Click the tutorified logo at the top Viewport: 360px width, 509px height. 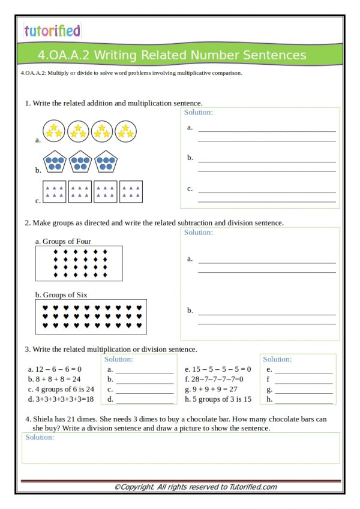[52, 31]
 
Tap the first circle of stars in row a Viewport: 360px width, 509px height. [53, 131]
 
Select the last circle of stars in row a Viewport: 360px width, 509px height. [125, 131]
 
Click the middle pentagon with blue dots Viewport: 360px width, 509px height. [80, 161]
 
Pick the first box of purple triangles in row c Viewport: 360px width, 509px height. [55, 191]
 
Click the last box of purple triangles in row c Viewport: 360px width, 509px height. [131, 191]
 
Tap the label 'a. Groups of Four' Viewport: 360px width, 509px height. [63, 242]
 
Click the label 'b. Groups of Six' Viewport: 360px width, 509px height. [61, 295]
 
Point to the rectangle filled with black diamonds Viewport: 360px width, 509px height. [79, 263]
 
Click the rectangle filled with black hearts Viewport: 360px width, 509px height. [91, 317]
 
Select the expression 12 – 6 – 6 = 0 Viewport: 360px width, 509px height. [55, 369]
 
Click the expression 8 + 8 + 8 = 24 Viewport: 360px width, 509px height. [54, 379]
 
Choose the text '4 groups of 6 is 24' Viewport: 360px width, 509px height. [61, 388]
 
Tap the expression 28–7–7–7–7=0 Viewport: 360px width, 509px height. [214, 379]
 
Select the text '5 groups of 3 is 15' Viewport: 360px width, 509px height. [218, 399]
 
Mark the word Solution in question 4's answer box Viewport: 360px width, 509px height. [40, 438]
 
